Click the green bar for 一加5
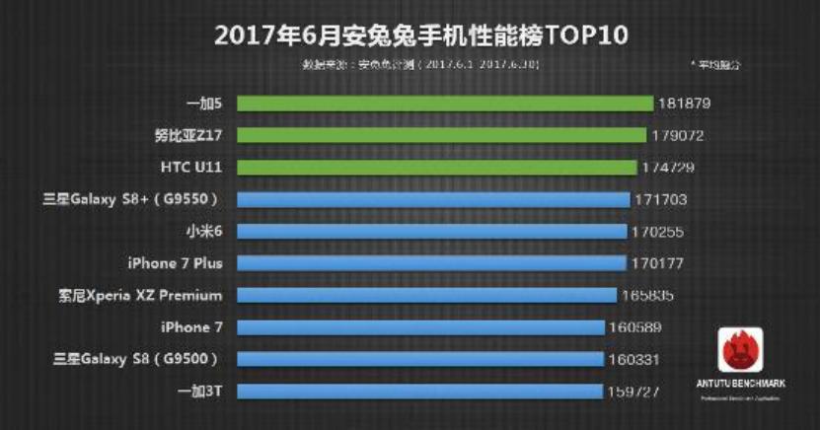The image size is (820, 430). click(444, 104)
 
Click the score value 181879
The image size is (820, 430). click(685, 104)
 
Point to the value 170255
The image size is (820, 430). click(659, 232)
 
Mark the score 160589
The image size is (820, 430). click(635, 327)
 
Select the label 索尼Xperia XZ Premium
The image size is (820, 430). click(141, 295)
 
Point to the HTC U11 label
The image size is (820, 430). click(189, 168)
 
